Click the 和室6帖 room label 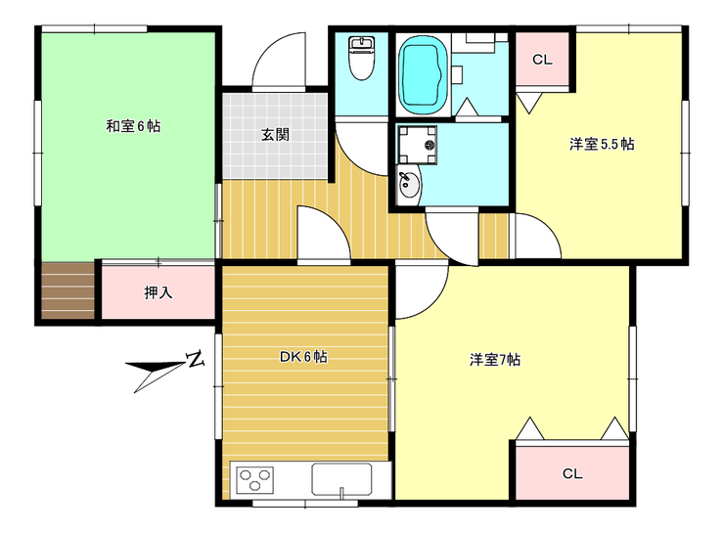(x=133, y=126)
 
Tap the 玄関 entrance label (x=274, y=135)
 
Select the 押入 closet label (x=158, y=291)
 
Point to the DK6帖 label (x=303, y=357)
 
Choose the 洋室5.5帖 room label (x=602, y=144)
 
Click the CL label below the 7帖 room (x=572, y=474)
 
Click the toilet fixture (x=362, y=60)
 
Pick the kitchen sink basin (x=340, y=479)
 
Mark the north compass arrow (x=158, y=377)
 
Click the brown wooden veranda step (x=68, y=290)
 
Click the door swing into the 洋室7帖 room (x=419, y=289)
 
